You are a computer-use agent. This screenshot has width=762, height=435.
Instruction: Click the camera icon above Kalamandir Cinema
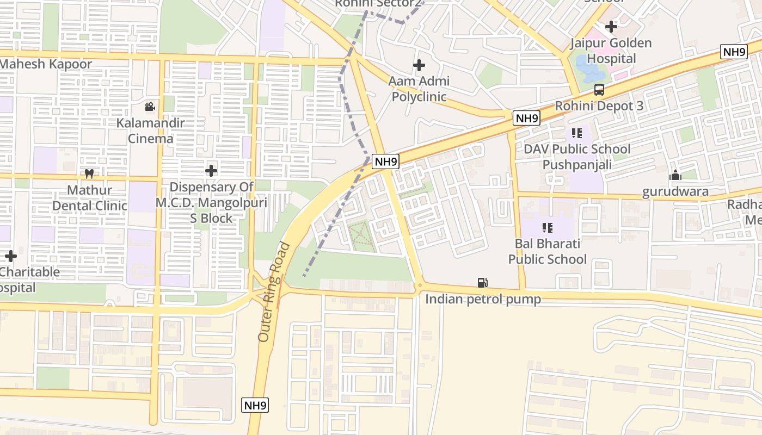coord(150,107)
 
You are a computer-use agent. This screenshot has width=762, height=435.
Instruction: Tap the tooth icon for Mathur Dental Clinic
coord(90,174)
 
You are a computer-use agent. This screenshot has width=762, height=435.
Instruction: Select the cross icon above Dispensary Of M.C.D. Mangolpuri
coord(211,171)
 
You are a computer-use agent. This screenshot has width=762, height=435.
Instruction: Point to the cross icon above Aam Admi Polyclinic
coord(419,65)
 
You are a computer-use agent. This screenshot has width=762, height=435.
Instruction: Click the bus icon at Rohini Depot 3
coord(599,90)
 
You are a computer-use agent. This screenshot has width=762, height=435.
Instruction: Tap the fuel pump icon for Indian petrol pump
coord(482,283)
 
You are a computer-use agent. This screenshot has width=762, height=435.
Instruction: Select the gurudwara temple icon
coord(675,175)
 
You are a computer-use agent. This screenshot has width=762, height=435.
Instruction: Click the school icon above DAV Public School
coord(577,133)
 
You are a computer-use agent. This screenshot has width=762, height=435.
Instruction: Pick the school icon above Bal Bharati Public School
coord(547,227)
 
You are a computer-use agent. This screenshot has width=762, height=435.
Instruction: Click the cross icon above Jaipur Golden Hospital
coord(611,26)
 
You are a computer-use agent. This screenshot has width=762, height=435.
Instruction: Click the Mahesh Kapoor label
coord(46,64)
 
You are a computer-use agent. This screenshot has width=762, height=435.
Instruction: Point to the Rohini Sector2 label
coord(378,3)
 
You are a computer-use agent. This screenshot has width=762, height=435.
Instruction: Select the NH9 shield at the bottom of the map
coord(255,405)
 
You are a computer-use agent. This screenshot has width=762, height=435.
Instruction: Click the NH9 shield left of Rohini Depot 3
coord(526,118)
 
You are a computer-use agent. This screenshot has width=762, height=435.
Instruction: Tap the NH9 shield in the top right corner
coord(734,52)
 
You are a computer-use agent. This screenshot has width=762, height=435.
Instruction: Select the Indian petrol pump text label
coord(483,299)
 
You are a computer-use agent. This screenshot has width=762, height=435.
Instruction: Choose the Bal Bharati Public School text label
coord(547,251)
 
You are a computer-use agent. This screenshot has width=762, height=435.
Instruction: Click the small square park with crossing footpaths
coord(360,237)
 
